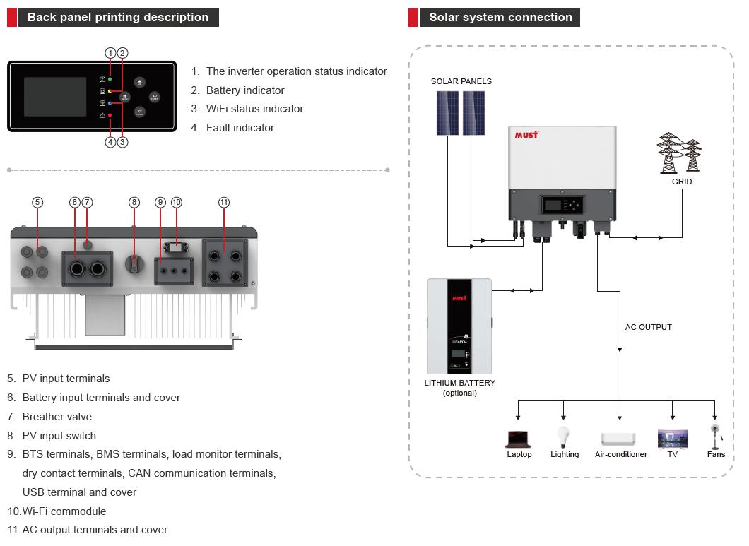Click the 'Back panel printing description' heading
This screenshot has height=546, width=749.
tap(118, 17)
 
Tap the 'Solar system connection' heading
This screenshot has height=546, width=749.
tap(500, 17)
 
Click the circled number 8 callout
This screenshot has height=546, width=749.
tap(134, 203)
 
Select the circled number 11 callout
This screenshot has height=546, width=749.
tap(224, 203)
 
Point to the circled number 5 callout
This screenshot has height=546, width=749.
tap(37, 203)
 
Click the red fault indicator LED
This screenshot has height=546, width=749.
tap(110, 116)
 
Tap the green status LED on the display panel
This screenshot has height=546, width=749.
tap(110, 79)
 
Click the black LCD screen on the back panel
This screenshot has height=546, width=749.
tap(55, 97)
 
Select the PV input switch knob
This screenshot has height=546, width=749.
tap(134, 263)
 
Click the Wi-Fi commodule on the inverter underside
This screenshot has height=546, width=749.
tap(176, 247)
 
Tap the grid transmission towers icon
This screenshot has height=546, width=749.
tap(680, 153)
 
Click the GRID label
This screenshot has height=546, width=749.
tap(682, 182)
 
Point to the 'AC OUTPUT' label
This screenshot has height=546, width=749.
tap(648, 327)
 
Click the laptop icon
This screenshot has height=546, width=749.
tap(518, 439)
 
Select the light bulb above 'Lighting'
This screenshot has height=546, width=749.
tap(564, 437)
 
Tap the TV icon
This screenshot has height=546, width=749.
tap(673, 439)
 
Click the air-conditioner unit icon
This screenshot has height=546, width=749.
tap(618, 439)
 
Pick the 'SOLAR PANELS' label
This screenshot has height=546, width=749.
tap(461, 81)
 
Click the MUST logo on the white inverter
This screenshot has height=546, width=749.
tap(526, 135)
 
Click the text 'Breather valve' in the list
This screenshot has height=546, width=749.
tap(57, 417)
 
